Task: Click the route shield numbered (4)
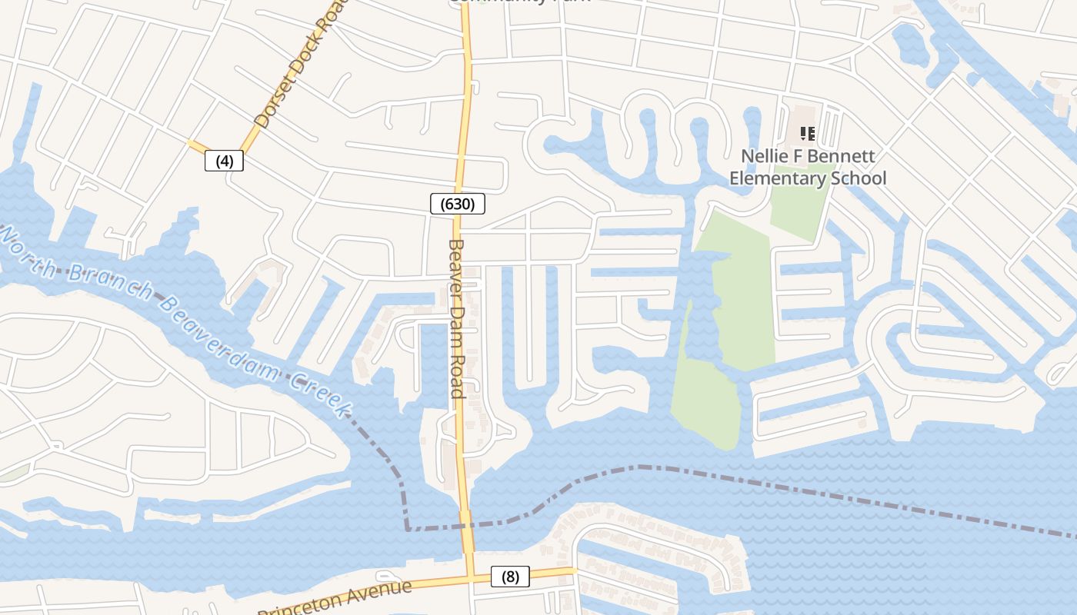click(x=224, y=161)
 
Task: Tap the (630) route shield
click(x=458, y=204)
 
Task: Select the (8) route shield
click(x=510, y=577)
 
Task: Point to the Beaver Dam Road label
click(x=456, y=318)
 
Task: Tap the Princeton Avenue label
click(x=335, y=599)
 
